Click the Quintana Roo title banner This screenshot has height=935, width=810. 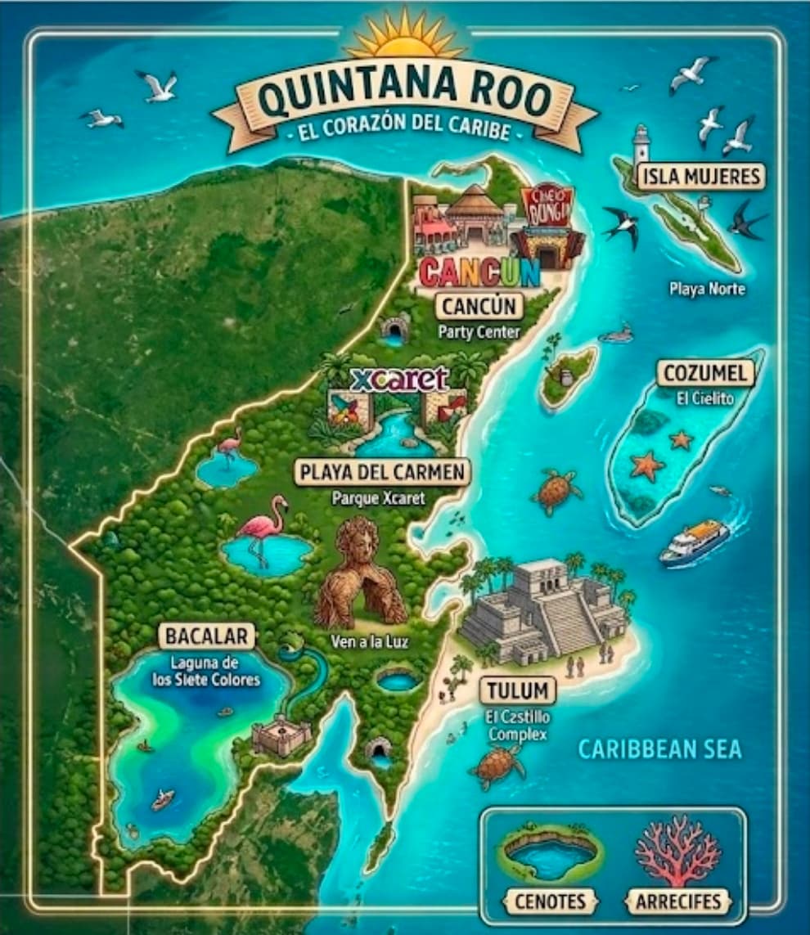[x=405, y=97]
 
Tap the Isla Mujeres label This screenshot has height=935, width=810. [x=702, y=175]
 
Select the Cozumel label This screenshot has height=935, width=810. [x=704, y=374]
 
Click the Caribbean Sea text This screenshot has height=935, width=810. [x=659, y=749]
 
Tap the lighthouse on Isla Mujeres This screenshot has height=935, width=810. [x=641, y=145]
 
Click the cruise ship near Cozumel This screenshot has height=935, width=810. [x=694, y=542]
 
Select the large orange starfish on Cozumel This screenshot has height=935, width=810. [x=647, y=465]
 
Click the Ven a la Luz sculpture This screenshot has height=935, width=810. [x=360, y=573]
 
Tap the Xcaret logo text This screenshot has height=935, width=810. [x=398, y=380]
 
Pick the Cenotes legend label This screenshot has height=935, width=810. [x=551, y=901]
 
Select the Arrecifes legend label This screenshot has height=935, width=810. [x=678, y=901]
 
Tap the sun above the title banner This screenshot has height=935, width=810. [x=405, y=37]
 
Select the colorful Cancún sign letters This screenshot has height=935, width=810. [x=479, y=272]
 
